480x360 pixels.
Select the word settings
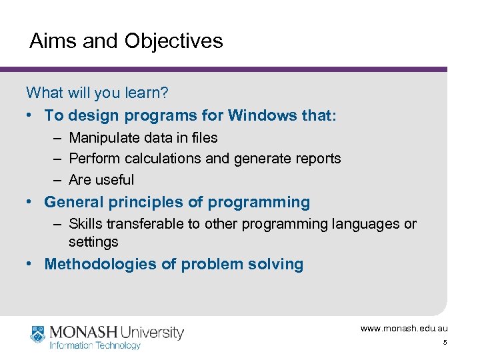tap(93, 241)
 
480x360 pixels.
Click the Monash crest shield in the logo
tap(37, 333)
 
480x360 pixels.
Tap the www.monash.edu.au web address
tap(404, 329)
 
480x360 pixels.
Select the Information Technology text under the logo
tap(95, 345)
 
